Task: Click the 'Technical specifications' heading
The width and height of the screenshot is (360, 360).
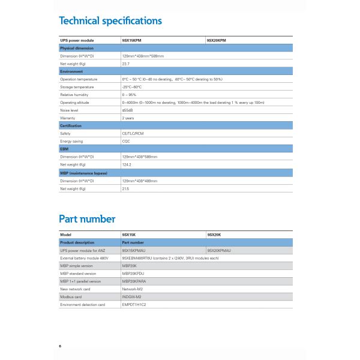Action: click(110, 21)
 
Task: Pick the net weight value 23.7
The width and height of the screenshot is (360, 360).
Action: click(126, 63)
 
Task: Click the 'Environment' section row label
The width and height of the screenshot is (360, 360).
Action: click(71, 71)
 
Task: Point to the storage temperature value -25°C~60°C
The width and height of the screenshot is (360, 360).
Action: click(132, 86)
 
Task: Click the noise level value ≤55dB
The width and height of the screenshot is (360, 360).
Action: click(128, 110)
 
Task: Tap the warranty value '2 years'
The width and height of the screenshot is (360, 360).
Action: click(128, 118)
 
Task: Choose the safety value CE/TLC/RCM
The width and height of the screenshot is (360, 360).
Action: click(133, 133)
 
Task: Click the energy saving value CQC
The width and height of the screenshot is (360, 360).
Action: click(126, 141)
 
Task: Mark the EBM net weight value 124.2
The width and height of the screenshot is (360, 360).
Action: click(127, 164)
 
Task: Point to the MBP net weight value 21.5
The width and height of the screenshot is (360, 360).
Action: click(126, 188)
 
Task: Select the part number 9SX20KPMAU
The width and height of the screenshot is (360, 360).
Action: click(219, 250)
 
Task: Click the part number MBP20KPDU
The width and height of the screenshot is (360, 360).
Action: click(132, 273)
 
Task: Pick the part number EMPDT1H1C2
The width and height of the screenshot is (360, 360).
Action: click(134, 304)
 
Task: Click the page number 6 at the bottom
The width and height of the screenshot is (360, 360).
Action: click(60, 346)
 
